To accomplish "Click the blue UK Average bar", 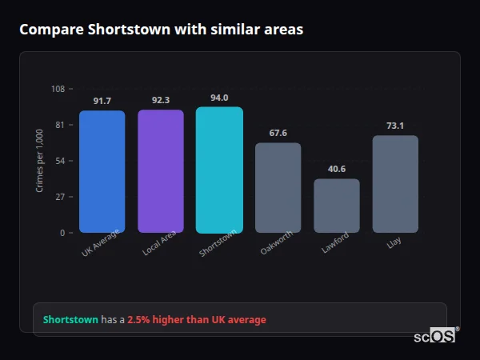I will pos(102,171).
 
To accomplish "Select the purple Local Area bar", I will pos(160,171).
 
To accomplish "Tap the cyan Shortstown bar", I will pos(219,170).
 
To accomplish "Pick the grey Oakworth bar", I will pos(278,188).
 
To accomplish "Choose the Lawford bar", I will pos(336,206).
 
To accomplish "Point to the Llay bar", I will pos(395,184).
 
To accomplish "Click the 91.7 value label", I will pos(102,101).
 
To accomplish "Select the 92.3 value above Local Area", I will pos(160,100).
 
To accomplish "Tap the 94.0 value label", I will pos(219,98).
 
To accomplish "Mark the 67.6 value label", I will pos(278,133).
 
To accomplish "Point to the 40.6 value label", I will pos(336,169).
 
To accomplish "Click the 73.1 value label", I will pos(395,126).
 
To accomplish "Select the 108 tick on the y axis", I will pos(58,89).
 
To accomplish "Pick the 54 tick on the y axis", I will pos(60,161).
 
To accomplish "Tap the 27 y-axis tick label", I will pos(60,197).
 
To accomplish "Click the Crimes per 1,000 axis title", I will pos(39,161).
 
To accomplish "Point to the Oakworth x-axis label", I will pos(277,244).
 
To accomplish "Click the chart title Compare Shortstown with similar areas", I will pos(161,29).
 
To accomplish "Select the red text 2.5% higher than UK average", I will pos(197,320).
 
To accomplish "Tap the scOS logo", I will pos(434,337).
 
